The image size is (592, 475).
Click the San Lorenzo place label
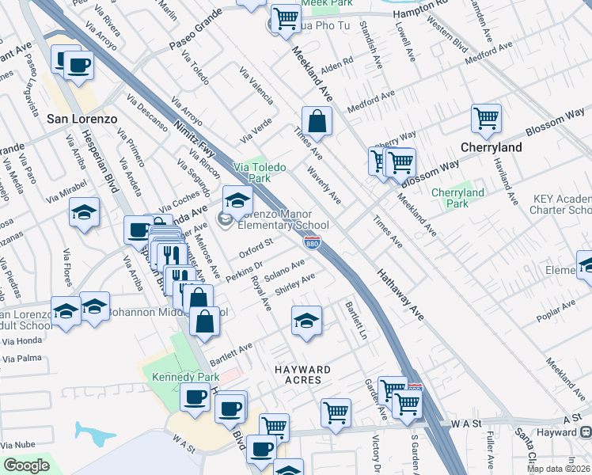82,119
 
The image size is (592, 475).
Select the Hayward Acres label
302,374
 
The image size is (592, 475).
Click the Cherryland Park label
457,198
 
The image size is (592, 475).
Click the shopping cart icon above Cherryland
486,119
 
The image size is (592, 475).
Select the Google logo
25,465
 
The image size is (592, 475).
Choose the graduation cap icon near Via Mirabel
84,211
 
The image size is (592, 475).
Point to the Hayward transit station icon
586,432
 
